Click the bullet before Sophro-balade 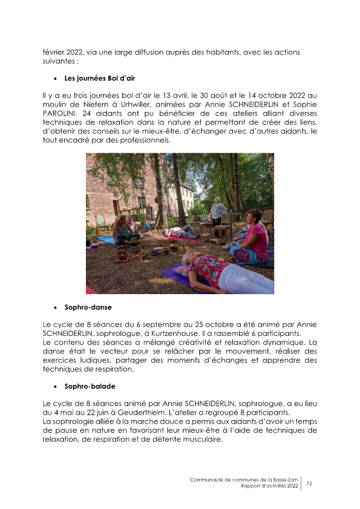pos(56,386)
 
